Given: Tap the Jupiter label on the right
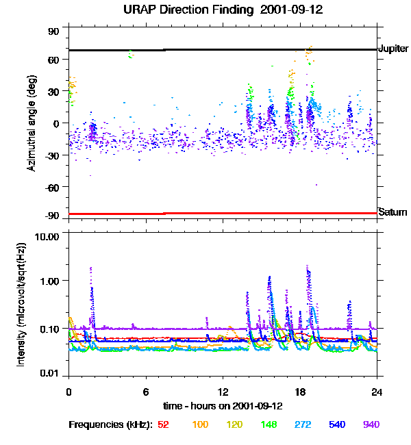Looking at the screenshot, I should (x=393, y=49).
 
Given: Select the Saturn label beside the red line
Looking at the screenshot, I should (x=393, y=212).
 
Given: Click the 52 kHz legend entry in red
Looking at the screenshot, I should (x=163, y=424).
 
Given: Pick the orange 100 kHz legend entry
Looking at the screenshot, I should (x=200, y=424).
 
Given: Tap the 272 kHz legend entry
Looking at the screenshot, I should (x=303, y=424).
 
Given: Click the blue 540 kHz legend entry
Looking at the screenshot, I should (x=337, y=424).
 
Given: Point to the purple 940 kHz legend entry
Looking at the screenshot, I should (x=371, y=424).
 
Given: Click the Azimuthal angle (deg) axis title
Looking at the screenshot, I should (x=32, y=123).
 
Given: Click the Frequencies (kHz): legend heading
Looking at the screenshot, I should (x=110, y=424).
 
